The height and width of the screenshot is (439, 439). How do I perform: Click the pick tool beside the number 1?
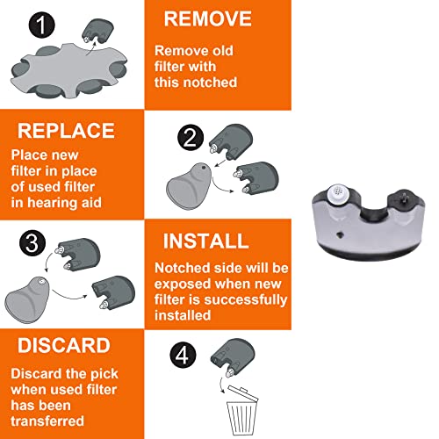pyautogui.click(x=97, y=33)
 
